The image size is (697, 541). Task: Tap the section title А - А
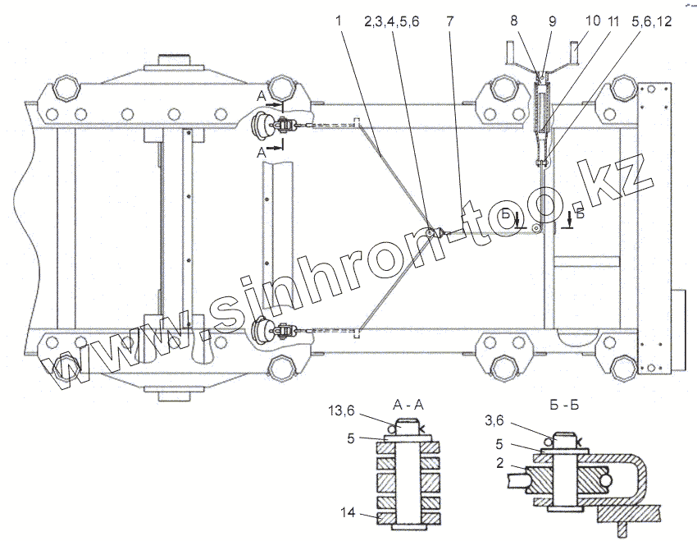408,406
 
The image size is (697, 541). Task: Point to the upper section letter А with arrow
262,98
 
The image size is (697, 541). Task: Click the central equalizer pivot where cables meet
431,235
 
